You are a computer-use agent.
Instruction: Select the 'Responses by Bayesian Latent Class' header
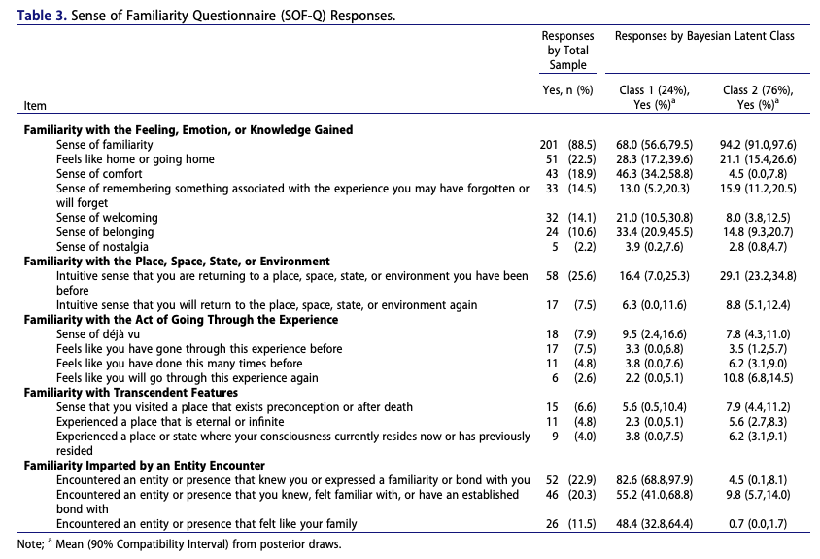click(704, 36)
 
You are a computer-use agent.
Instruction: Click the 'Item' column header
click(35, 105)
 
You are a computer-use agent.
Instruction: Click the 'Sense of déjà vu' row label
click(99, 334)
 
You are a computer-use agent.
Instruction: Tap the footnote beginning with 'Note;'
click(180, 543)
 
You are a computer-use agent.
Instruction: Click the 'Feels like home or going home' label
click(135, 159)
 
